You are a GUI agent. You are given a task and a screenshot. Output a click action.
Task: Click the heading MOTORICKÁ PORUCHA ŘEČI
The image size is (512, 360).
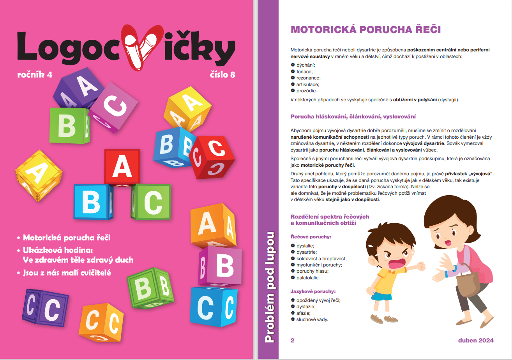(x=365, y=30)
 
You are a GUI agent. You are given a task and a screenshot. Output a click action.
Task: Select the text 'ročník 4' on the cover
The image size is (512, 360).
(x=35, y=74)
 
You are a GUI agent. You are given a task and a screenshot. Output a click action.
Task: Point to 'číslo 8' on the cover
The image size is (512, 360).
(x=221, y=74)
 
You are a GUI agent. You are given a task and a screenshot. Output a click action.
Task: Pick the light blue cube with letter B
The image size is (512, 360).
(x=92, y=201)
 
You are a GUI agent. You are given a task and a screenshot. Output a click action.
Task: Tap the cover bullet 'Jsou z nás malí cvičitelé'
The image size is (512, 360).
(x=67, y=273)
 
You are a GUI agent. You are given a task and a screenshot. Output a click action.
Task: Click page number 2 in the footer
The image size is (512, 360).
(x=293, y=340)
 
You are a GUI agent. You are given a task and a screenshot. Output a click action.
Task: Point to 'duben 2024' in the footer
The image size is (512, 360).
(x=476, y=340)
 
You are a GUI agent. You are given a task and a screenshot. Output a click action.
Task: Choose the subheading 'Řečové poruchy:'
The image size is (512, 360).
(x=311, y=236)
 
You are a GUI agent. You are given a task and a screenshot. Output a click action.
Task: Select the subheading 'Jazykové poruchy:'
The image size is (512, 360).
(x=313, y=291)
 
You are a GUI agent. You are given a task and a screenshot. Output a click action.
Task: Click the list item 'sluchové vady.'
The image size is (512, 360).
(x=312, y=319)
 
